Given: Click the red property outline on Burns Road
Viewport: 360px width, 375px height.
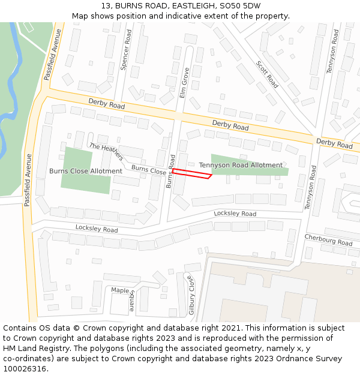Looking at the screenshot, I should click(191, 174).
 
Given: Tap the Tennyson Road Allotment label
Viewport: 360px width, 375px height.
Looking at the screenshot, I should click(241, 165).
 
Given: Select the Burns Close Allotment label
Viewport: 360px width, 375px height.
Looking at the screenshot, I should click(86, 171).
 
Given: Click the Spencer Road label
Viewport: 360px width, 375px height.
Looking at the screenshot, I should click(125, 51).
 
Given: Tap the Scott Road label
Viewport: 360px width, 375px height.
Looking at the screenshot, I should click(267, 74).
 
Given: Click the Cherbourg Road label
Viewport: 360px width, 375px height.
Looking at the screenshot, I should click(328, 239).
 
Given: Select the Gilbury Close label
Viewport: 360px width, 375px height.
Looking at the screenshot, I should click(191, 295).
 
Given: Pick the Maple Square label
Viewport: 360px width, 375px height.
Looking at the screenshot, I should click(125, 291).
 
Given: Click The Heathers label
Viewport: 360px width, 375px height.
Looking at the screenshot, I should click(106, 151).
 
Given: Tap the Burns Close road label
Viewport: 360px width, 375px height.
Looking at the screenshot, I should click(149, 170).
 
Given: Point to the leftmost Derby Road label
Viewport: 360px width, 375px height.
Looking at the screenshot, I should click(106, 104).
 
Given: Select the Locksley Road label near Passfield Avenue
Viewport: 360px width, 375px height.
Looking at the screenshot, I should click(97, 229).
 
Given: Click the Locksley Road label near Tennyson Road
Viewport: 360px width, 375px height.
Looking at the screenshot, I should click(235, 214).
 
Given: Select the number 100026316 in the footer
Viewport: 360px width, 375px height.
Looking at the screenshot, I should click(24, 368).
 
